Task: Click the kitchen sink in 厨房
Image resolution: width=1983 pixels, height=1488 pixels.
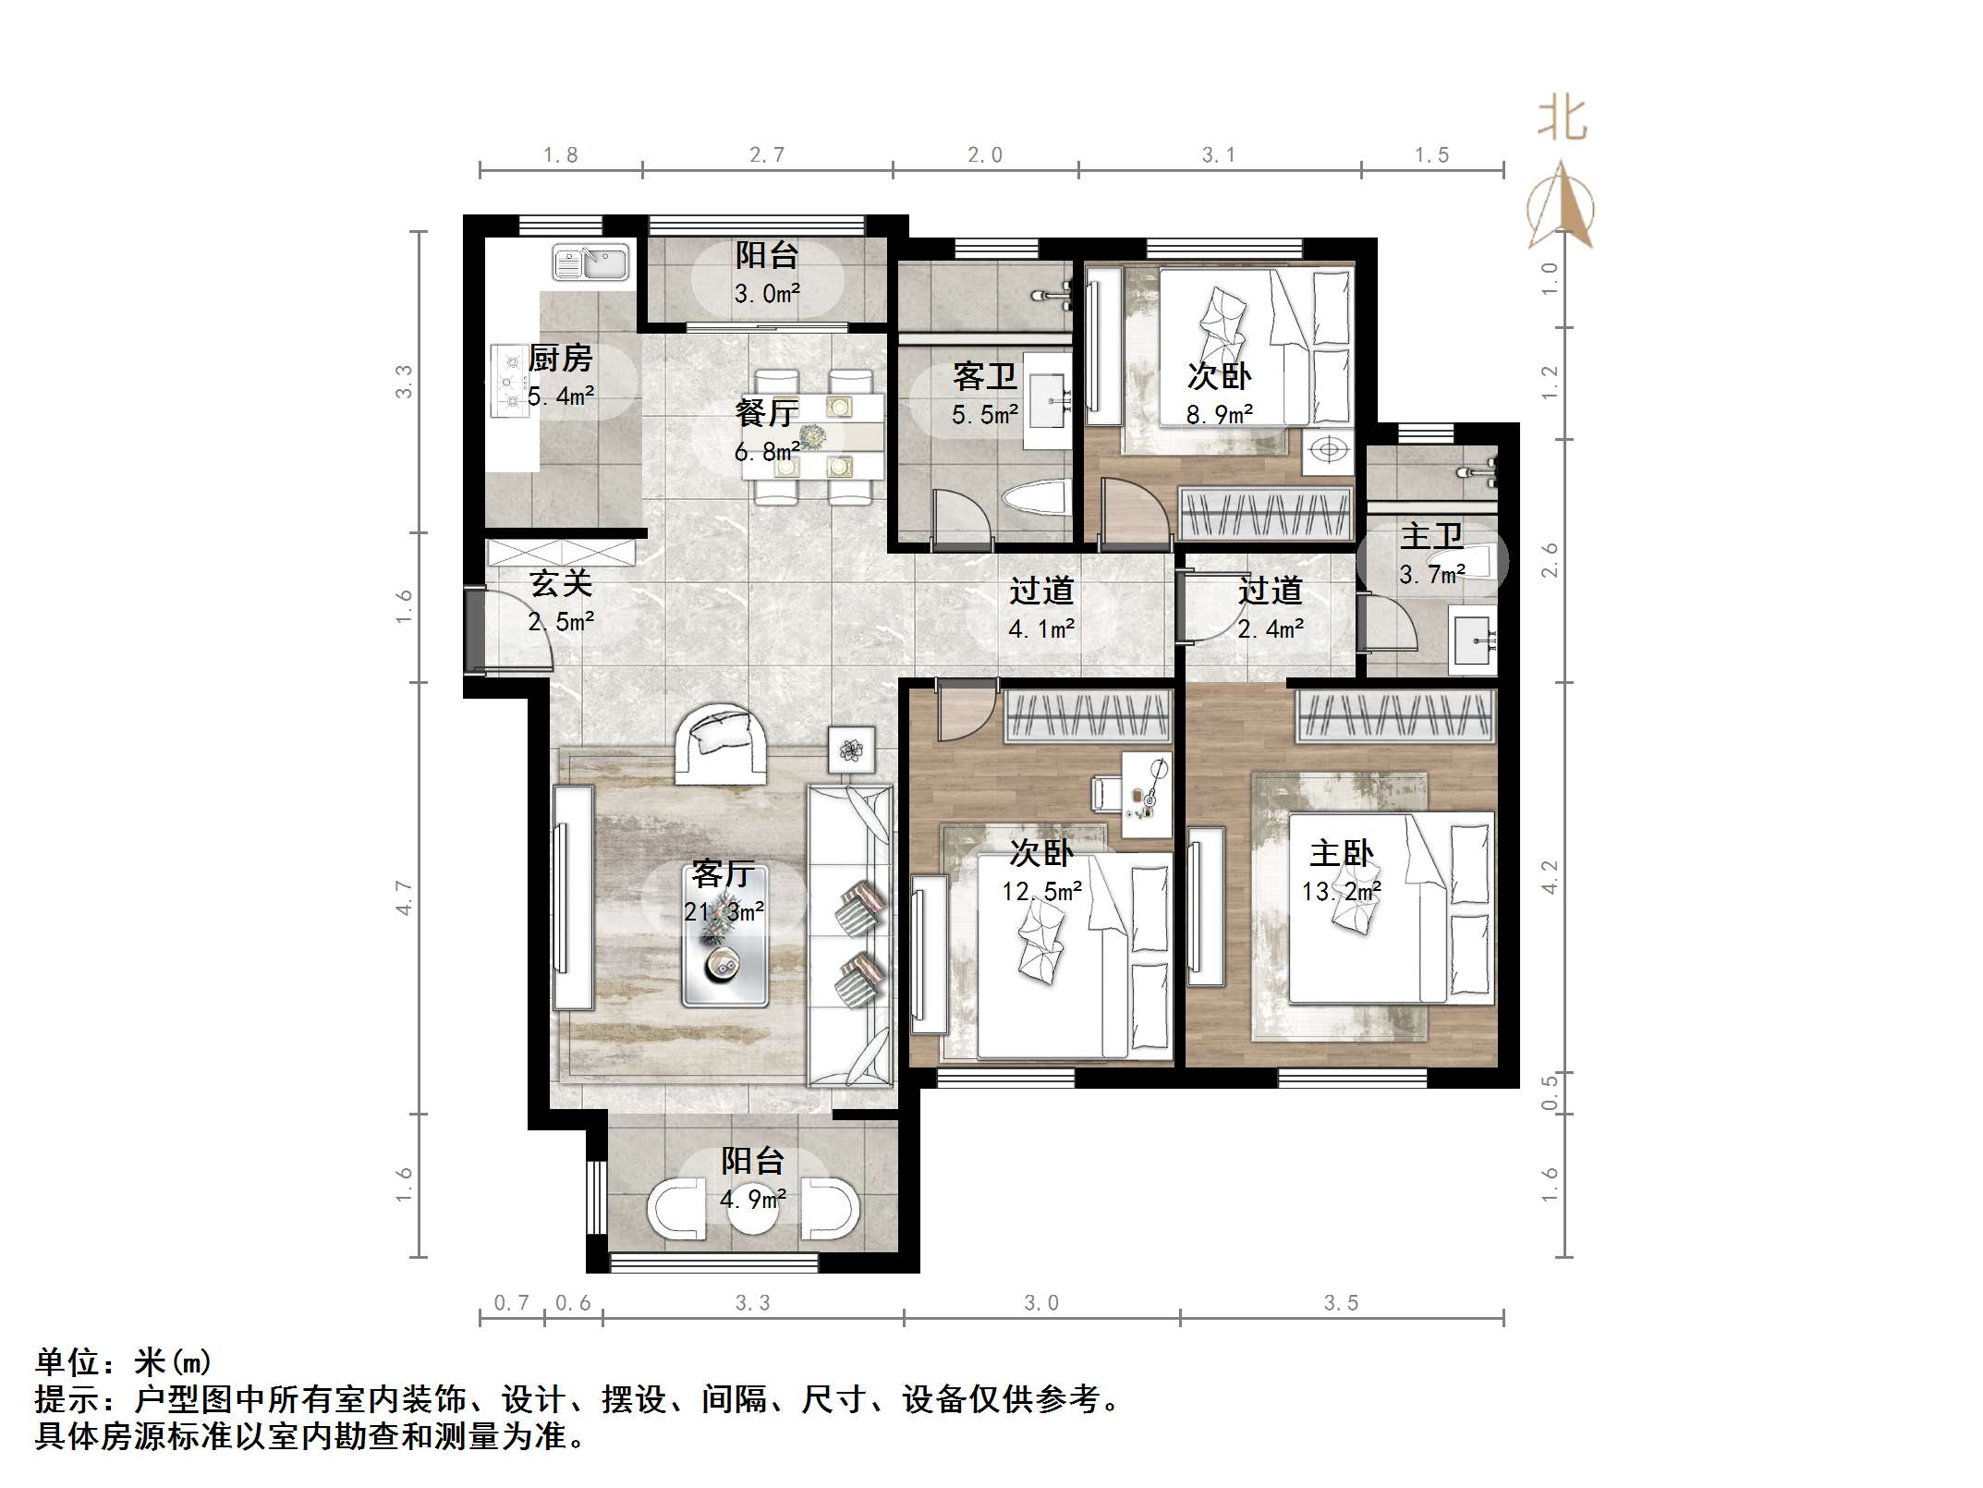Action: coord(590,262)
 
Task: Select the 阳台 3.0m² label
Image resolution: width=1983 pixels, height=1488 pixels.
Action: coord(766,274)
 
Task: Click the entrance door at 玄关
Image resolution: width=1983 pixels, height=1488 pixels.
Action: coord(474,628)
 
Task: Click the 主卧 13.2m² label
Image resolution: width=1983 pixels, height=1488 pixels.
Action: coord(1341,871)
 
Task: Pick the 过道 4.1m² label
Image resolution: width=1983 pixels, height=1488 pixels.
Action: coord(1040,609)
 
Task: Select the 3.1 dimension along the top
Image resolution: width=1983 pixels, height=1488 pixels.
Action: coord(1218,155)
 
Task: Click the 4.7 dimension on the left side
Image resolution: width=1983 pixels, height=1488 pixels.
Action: coord(404,897)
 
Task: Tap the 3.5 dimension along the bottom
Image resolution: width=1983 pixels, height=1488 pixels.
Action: coord(1340,1303)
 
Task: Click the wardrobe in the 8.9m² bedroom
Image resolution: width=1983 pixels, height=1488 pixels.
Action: coord(1266,514)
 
